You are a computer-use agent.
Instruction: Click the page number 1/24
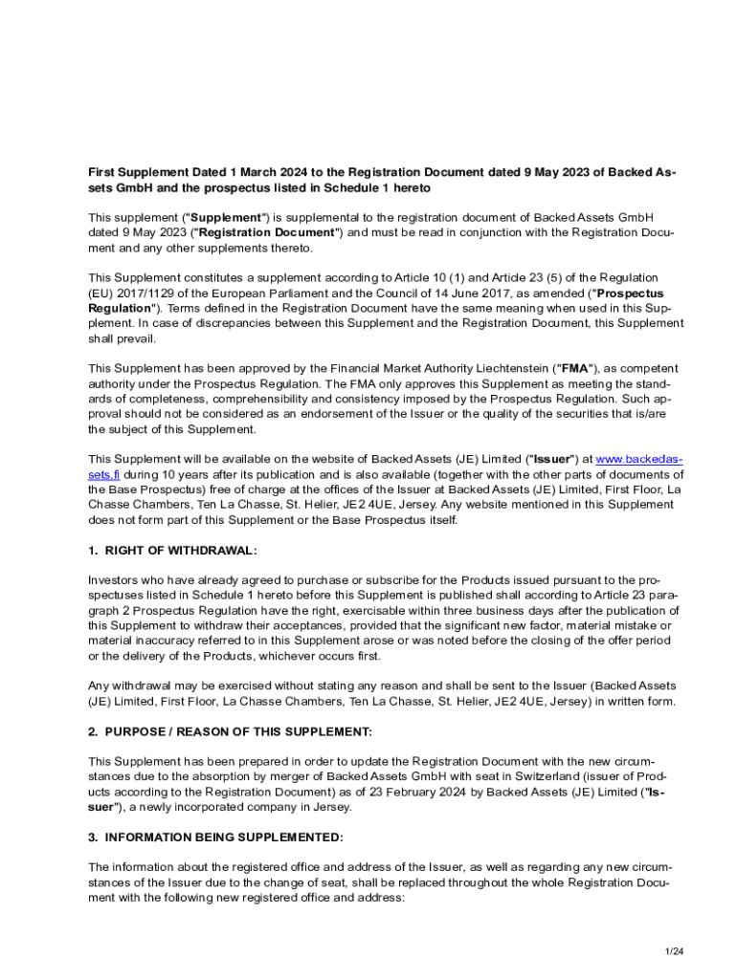click(x=675, y=951)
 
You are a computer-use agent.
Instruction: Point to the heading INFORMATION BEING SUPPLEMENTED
click(x=223, y=838)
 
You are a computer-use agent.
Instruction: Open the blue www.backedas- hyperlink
click(x=639, y=459)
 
